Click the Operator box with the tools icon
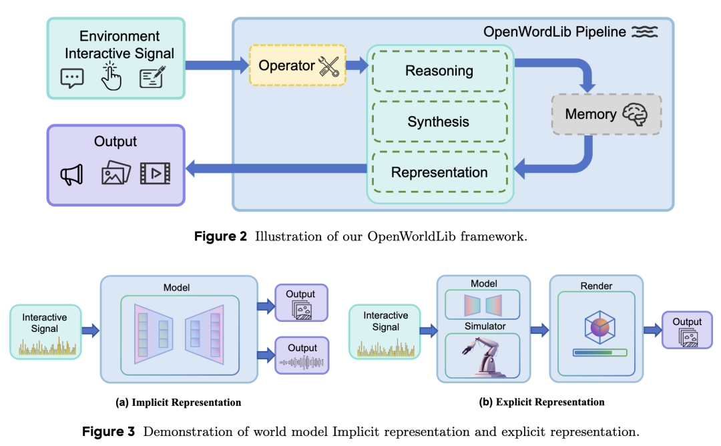point(297,65)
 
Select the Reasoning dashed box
point(439,71)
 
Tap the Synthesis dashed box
point(439,122)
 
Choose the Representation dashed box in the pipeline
point(439,172)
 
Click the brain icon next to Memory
point(634,115)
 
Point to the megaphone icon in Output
point(71,174)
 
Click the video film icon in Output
point(155,174)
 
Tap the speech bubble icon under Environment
point(72,78)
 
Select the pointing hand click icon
point(111,77)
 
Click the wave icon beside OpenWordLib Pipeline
point(644,32)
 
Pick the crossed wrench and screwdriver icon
point(329,66)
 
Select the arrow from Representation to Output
point(275,170)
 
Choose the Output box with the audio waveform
point(302,355)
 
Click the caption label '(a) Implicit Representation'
point(178,403)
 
